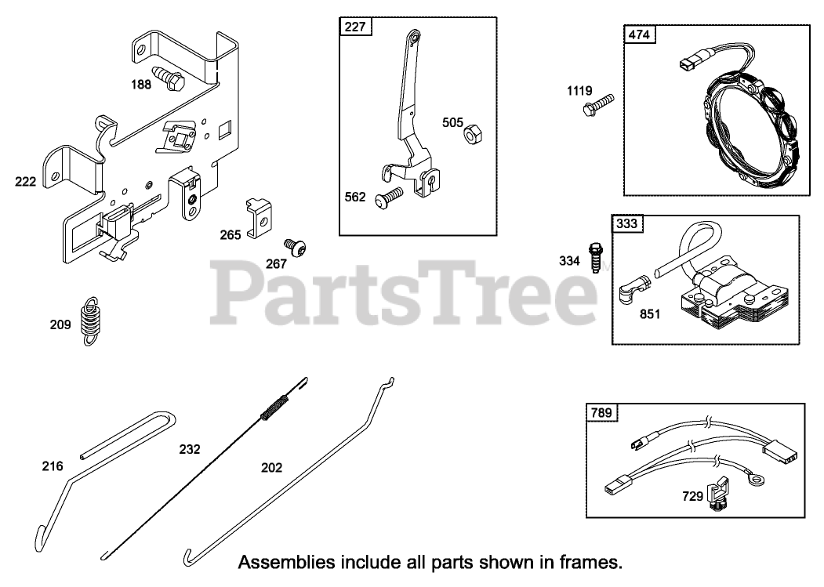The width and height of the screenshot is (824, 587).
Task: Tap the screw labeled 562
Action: pos(388,196)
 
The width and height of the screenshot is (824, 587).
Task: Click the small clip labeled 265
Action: pos(256,218)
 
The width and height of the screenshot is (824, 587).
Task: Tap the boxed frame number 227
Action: pos(355,27)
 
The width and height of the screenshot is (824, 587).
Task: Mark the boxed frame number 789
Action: pos(602,411)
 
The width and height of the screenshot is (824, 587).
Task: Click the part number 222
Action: pos(26,182)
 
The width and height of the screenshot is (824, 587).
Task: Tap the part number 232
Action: pos(190,449)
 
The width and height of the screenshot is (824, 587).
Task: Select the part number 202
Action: pos(272,467)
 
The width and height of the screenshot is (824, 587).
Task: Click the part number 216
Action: pos(53,466)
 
